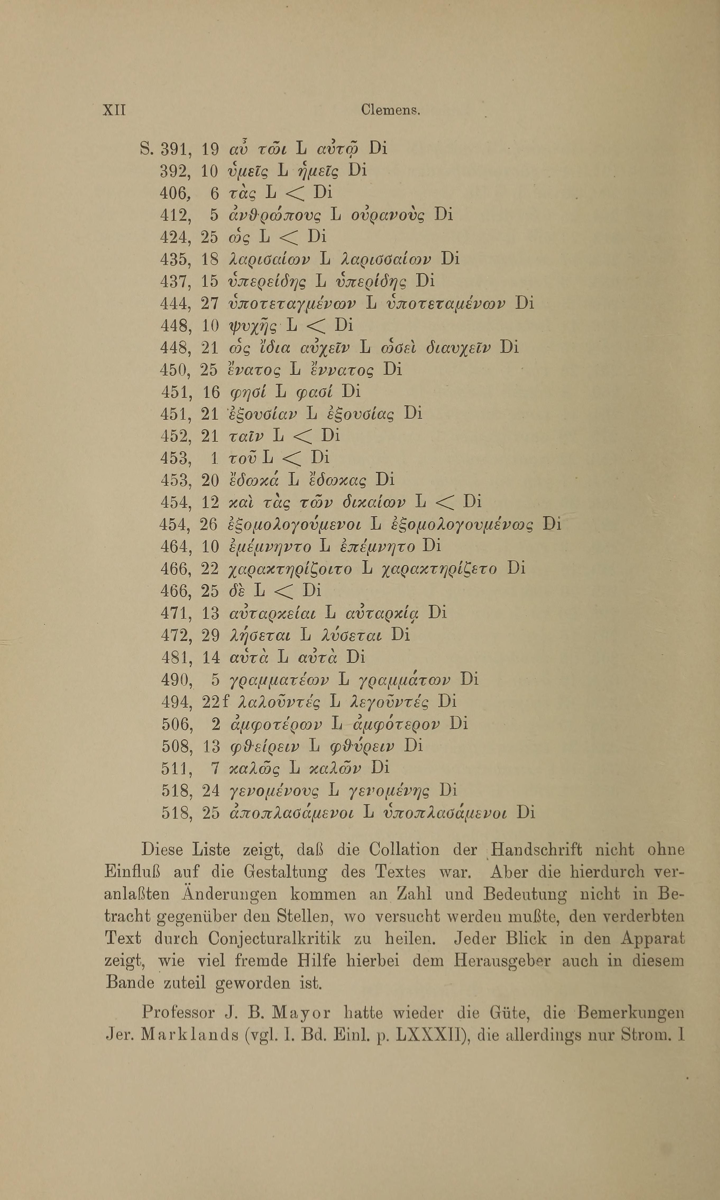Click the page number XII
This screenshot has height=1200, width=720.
click(x=114, y=110)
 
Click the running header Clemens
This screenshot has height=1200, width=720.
click(x=390, y=110)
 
